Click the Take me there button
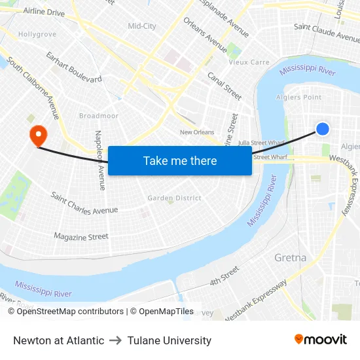[x=180, y=161]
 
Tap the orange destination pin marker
[x=39, y=136]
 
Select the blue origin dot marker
[x=323, y=129]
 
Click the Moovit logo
[x=320, y=340]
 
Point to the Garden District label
[x=174, y=198]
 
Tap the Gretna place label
[x=290, y=257]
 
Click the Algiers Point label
[x=300, y=98]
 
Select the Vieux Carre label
[x=249, y=63]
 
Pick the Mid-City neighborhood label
[x=142, y=26]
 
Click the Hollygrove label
[x=37, y=34]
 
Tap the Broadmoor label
[x=99, y=116]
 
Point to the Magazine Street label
[x=81, y=236]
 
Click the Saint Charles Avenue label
[x=84, y=204]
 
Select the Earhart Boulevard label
[x=74, y=68]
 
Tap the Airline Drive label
[x=43, y=12]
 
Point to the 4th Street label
[x=224, y=276]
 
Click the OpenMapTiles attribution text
[x=162, y=312]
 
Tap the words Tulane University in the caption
[x=170, y=340]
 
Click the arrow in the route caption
[x=116, y=340]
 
